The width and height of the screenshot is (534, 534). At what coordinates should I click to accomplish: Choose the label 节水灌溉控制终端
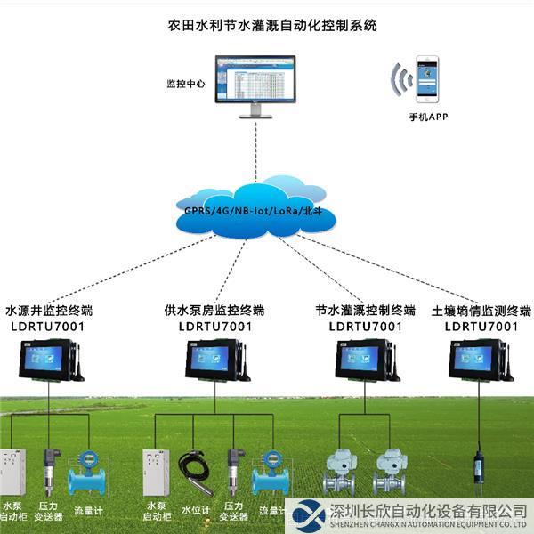click(x=366, y=311)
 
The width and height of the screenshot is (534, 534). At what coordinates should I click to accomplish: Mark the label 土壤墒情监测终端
click(x=481, y=311)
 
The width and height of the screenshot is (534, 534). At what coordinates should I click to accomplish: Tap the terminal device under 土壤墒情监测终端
click(x=480, y=360)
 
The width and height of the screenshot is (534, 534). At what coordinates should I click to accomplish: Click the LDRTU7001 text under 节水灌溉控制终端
click(x=365, y=327)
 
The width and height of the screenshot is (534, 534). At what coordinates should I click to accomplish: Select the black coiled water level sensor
click(x=195, y=469)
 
